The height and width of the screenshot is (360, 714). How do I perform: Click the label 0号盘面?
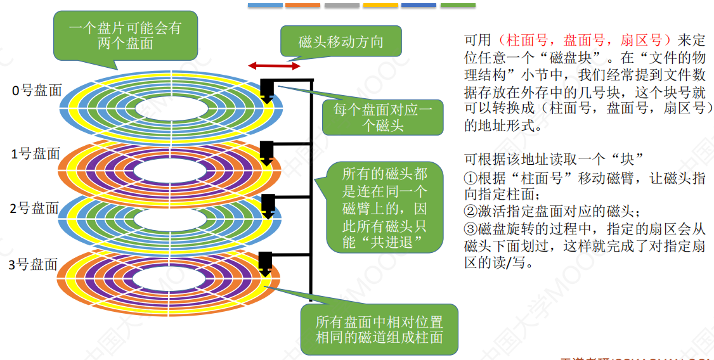tap(37, 90)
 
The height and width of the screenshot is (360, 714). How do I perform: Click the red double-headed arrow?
tap(274, 66)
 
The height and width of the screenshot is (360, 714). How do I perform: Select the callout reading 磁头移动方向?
tap(341, 42)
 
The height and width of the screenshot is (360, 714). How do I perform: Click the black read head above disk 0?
tap(267, 91)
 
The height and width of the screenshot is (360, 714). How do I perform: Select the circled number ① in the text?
tap(470, 178)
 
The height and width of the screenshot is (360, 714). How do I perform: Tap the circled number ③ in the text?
tap(470, 229)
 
